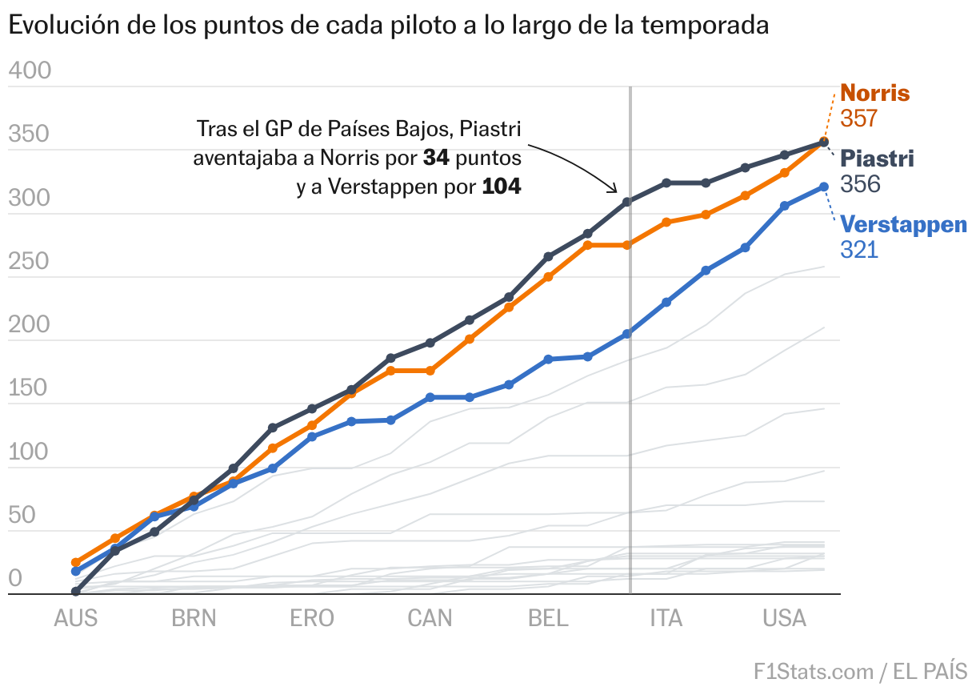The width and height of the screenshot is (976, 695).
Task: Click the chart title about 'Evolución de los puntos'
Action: (388, 26)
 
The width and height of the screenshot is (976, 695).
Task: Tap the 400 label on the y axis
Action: (30, 71)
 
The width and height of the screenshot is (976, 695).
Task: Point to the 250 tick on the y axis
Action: (30, 262)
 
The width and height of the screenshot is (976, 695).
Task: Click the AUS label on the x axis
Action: (76, 618)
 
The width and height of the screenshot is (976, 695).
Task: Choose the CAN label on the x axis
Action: (430, 618)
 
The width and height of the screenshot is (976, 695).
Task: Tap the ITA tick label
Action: (666, 618)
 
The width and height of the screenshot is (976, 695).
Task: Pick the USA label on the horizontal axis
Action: (784, 618)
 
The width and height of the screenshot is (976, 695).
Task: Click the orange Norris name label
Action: (874, 93)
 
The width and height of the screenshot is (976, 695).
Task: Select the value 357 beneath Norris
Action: (859, 119)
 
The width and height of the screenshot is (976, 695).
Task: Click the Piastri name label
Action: (877, 159)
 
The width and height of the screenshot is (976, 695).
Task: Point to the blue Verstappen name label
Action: (903, 224)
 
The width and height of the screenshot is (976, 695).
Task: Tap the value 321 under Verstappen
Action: (859, 250)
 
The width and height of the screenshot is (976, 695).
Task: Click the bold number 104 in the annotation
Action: (501, 187)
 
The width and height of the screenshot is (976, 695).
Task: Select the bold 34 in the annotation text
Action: (436, 158)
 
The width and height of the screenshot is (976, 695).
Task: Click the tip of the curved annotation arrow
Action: (617, 192)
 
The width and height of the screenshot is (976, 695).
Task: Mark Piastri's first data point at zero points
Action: (76, 592)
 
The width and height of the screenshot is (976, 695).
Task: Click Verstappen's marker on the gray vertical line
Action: (627, 334)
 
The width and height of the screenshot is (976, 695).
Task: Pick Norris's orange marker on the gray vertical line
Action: (627, 245)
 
